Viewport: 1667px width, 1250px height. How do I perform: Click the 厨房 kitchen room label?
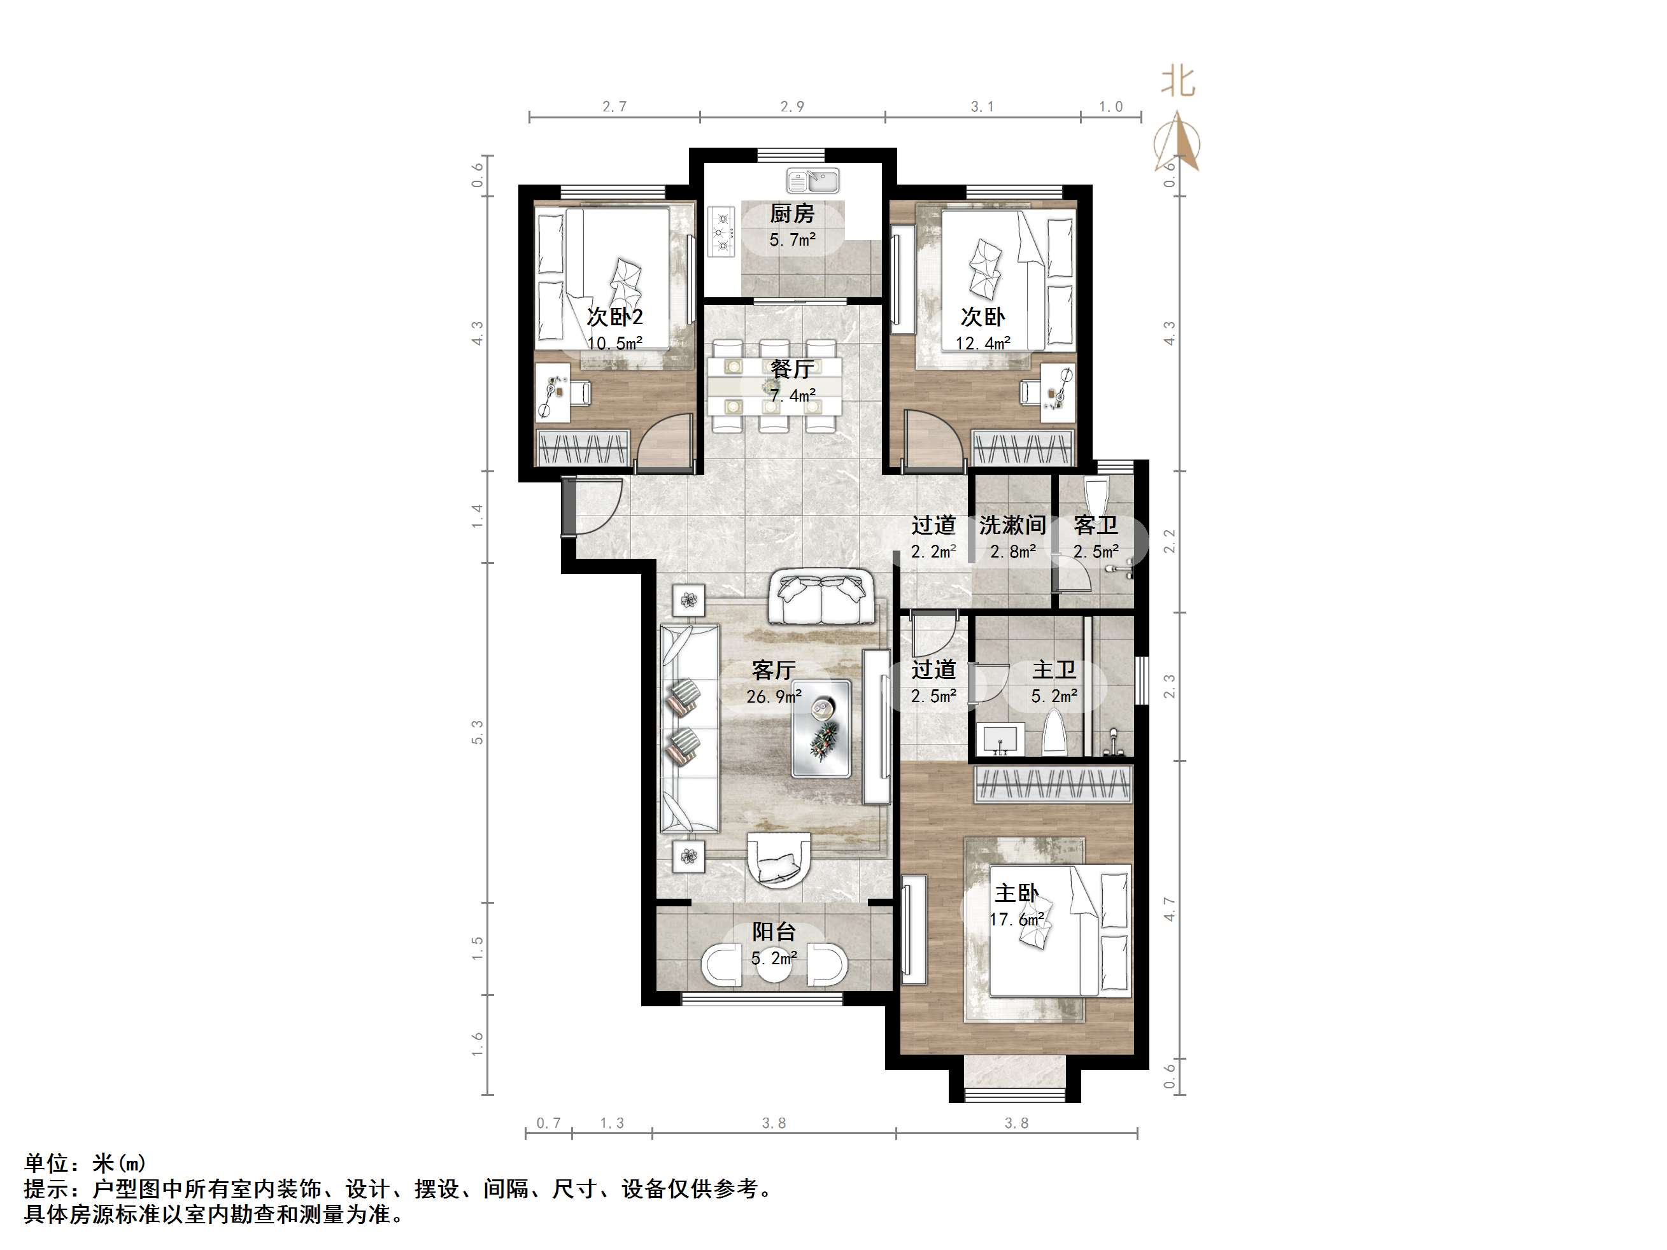click(x=792, y=214)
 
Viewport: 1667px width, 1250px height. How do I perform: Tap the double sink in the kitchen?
click(x=812, y=181)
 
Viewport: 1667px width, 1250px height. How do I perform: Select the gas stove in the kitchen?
click(x=722, y=232)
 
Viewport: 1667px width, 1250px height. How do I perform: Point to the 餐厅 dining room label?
click(x=792, y=369)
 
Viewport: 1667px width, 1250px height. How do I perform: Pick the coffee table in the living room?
click(x=821, y=729)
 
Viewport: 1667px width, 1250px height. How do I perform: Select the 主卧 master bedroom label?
click(x=1017, y=894)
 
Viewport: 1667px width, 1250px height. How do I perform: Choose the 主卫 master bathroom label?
click(x=1054, y=670)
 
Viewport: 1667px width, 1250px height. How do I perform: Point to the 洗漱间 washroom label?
click(x=1012, y=525)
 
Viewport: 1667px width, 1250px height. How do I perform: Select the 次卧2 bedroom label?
click(x=615, y=316)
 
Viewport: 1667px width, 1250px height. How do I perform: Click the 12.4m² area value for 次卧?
click(x=982, y=344)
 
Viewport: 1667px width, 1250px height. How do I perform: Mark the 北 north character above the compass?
click(x=1178, y=81)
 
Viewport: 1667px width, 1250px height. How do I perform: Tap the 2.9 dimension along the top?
click(x=792, y=107)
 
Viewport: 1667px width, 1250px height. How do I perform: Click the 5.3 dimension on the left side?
click(x=477, y=733)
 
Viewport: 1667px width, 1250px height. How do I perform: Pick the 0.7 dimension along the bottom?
click(x=549, y=1123)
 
